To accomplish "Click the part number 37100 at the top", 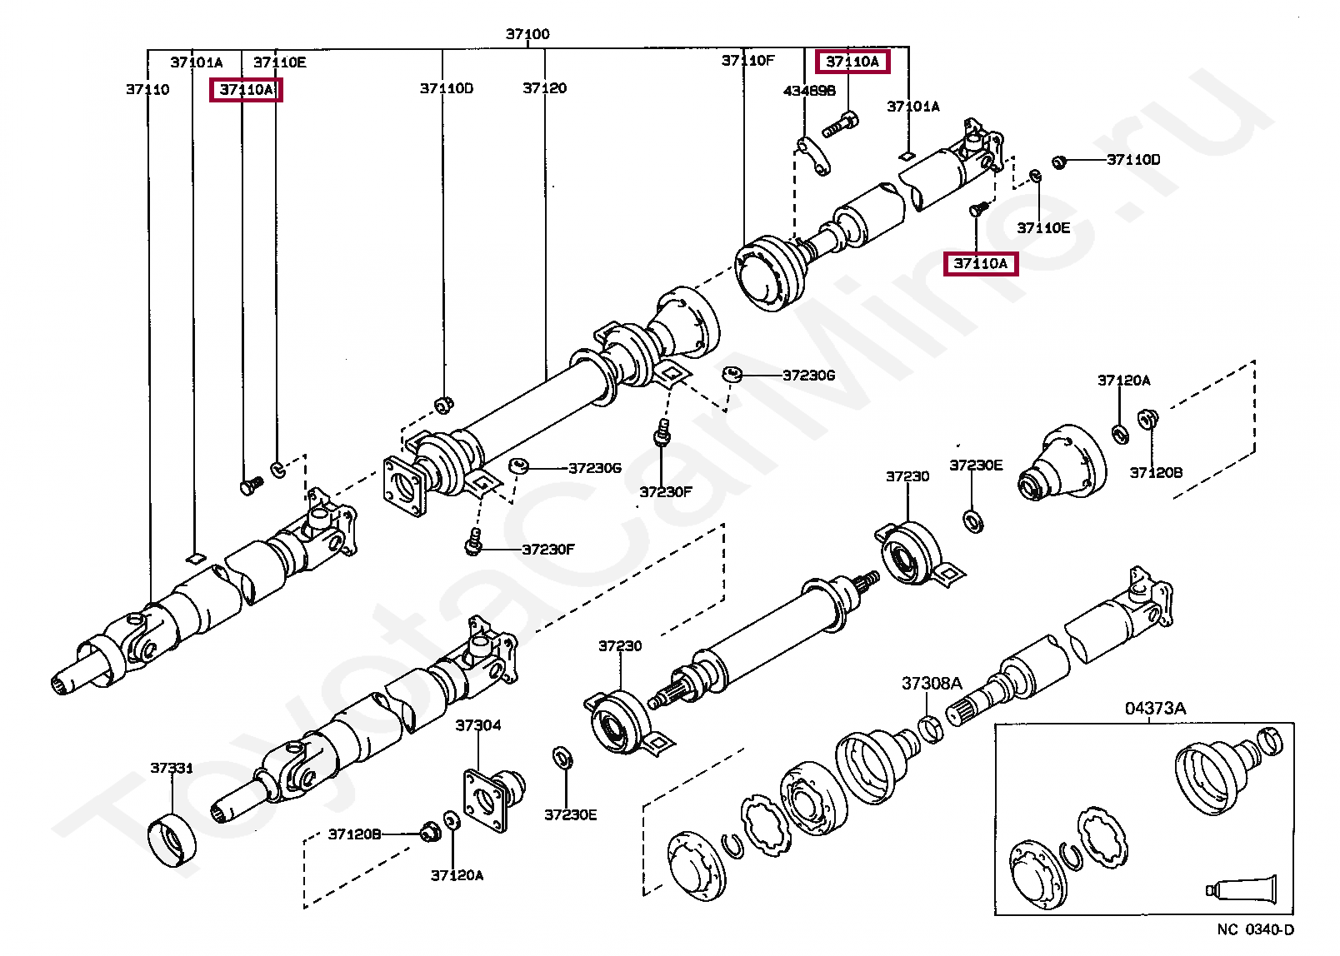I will [x=527, y=34].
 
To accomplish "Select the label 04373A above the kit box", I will [x=1155, y=709].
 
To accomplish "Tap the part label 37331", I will [x=172, y=768].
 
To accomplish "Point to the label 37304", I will [x=478, y=725].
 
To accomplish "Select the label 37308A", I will [x=932, y=684].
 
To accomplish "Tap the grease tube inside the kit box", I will [x=1242, y=889].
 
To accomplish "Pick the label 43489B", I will [x=809, y=91].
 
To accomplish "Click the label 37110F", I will [x=747, y=61].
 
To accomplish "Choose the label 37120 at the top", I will [x=544, y=88].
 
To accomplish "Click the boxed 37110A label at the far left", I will [x=246, y=90].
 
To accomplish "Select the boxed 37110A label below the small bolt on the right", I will [x=980, y=264].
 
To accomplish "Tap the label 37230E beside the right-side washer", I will [x=976, y=466].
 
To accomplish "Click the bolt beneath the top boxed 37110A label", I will [x=840, y=125].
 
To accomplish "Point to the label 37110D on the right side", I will [x=1132, y=160].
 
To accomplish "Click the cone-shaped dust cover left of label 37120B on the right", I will [x=1062, y=464].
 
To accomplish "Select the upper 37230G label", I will [x=808, y=376].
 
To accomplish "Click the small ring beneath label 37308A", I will [x=932, y=727].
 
